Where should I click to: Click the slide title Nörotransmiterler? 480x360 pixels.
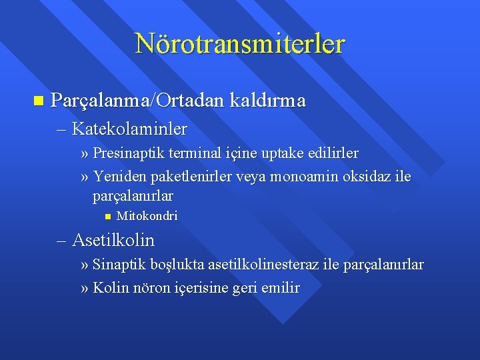(240, 43)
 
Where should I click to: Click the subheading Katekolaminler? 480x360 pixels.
(129, 127)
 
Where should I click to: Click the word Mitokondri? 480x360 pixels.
(147, 216)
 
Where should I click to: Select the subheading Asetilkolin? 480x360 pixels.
(113, 239)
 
